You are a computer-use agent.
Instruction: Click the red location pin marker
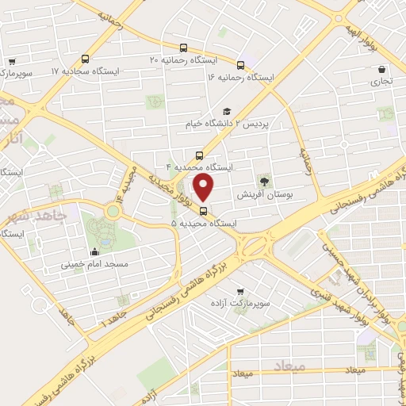(205, 187)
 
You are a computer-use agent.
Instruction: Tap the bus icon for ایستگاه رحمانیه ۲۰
(184, 48)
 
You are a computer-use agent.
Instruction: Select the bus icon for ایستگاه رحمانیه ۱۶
(239, 64)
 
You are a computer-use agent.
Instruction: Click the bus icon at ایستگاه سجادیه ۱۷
(85, 58)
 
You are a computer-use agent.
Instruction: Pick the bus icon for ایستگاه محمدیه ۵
(205, 211)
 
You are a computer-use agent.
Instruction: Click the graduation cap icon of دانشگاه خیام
(227, 112)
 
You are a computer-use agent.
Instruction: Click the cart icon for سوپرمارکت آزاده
(240, 291)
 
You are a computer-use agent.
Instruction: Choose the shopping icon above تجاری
(382, 68)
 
